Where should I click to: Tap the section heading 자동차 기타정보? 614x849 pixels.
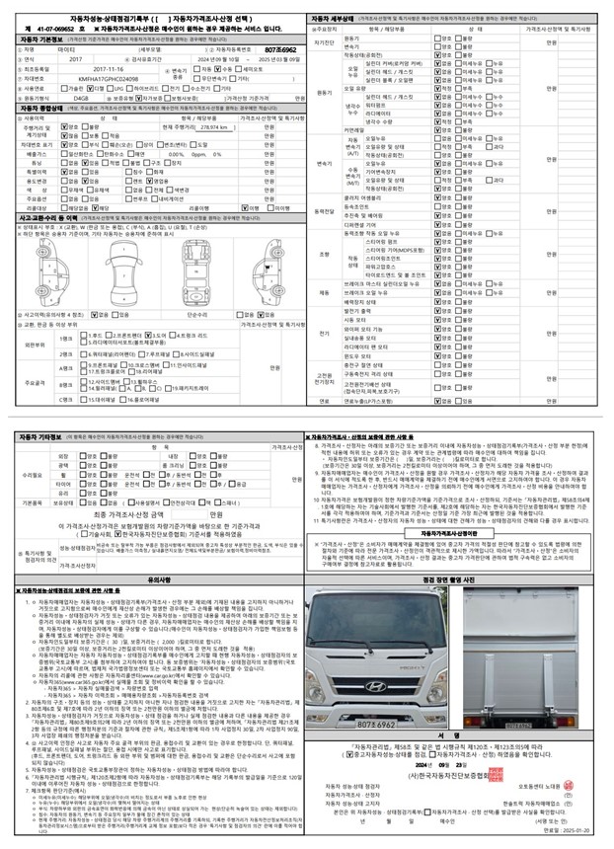[x=44, y=436]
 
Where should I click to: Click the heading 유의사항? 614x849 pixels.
[x=159, y=580]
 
